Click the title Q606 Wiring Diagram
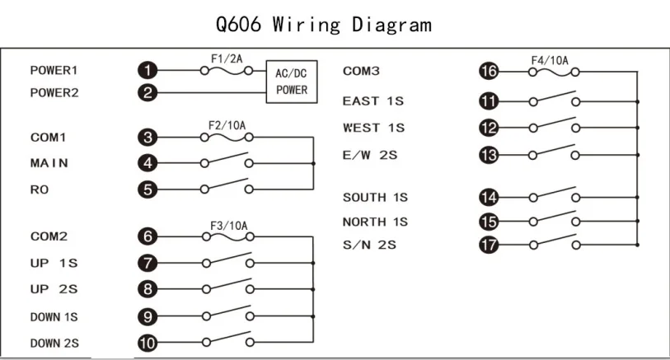[x=323, y=24]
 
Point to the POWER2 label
[x=54, y=93]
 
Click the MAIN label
[x=49, y=163]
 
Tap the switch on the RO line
[x=225, y=188]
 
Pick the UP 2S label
[x=54, y=289]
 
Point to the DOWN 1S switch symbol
[x=225, y=316]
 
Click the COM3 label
[x=361, y=72]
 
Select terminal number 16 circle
[x=489, y=72]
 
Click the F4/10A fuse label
[x=550, y=60]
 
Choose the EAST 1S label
[x=373, y=101]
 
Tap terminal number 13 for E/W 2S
[x=489, y=154]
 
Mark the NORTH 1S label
[x=375, y=222]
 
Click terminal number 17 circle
[x=489, y=245]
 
